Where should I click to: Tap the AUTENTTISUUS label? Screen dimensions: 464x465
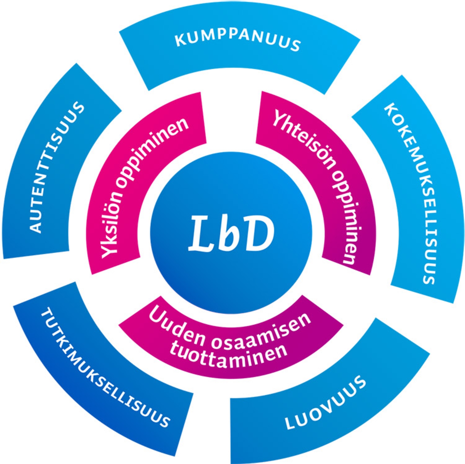click(x=57, y=167)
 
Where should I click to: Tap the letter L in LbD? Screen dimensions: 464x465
click(x=202, y=234)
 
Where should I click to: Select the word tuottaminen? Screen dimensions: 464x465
click(x=228, y=357)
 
